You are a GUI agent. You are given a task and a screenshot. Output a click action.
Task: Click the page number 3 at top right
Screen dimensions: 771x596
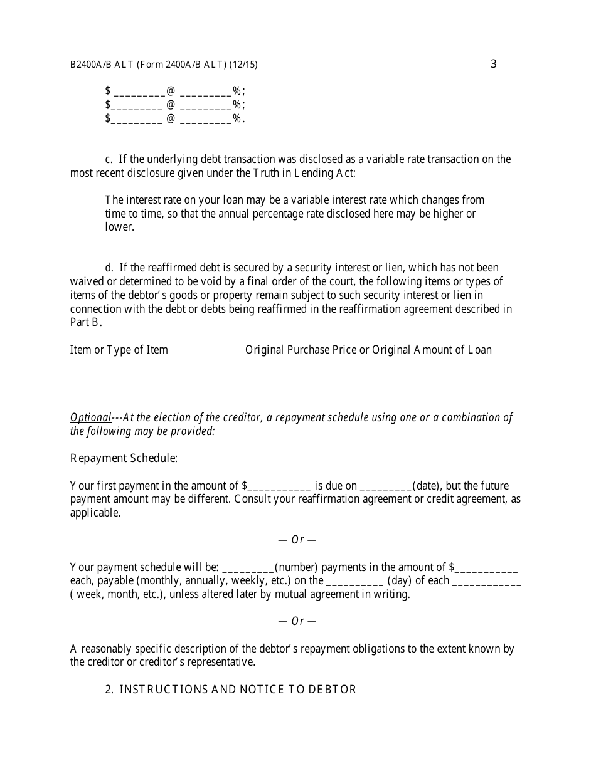pyautogui.click(x=493, y=64)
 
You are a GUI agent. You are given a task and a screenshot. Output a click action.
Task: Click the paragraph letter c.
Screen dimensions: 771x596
pyautogui.click(x=109, y=159)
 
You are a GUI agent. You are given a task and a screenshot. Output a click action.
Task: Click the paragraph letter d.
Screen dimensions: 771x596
pyautogui.click(x=109, y=268)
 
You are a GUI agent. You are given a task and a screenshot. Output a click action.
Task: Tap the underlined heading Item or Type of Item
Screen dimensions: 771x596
pyautogui.click(x=119, y=350)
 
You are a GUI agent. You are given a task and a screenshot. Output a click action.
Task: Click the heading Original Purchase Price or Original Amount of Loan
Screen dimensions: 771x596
pyautogui.click(x=368, y=350)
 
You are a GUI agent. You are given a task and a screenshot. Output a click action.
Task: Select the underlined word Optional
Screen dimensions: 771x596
pyautogui.click(x=90, y=417)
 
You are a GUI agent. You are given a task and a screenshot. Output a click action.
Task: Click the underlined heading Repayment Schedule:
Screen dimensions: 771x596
pyautogui.click(x=124, y=458)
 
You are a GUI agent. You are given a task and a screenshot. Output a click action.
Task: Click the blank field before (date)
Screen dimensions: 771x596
pyautogui.click(x=386, y=486)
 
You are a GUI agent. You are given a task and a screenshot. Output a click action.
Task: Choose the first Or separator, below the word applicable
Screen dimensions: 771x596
pyautogui.click(x=297, y=540)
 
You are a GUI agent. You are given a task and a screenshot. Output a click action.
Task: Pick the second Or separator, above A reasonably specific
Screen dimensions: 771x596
pyautogui.click(x=297, y=621)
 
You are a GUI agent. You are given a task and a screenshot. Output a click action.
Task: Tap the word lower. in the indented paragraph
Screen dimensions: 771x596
pyautogui.click(x=120, y=228)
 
